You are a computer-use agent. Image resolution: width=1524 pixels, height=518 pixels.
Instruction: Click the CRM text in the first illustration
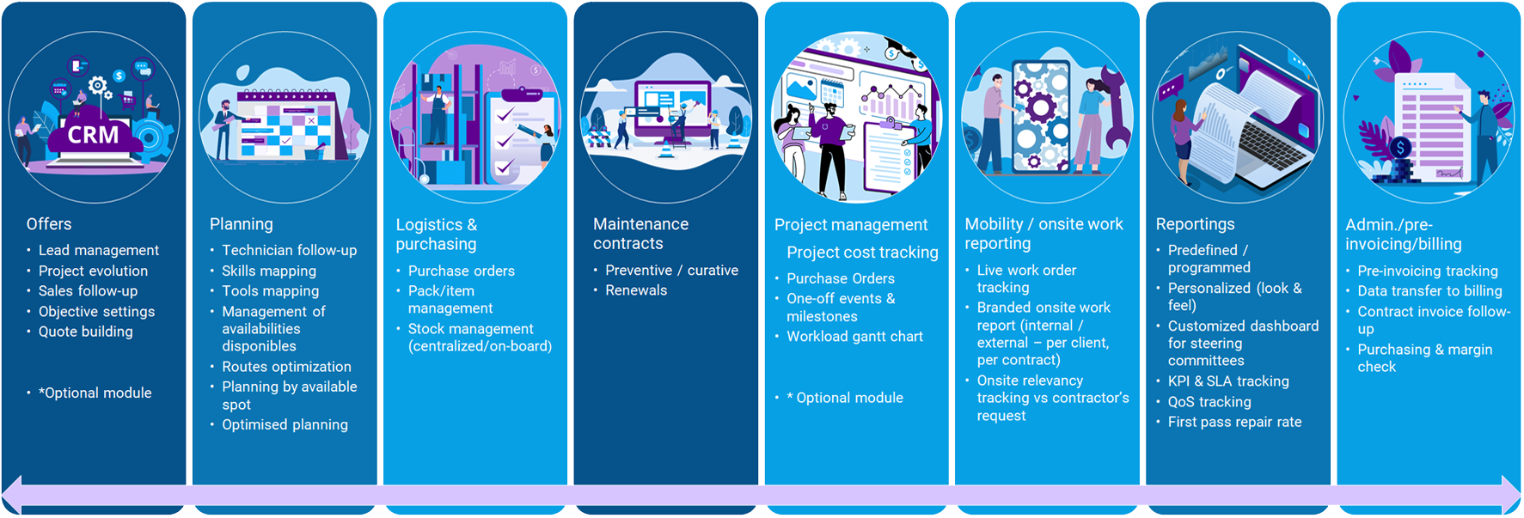pos(93,135)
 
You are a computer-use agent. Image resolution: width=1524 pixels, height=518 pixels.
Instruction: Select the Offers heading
pos(49,224)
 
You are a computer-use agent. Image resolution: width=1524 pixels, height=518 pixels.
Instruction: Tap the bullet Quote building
pos(86,332)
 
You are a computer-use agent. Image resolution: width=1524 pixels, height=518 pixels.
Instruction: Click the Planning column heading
pos(242,224)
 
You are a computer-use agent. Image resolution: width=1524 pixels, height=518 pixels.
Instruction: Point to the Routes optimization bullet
pos(286,367)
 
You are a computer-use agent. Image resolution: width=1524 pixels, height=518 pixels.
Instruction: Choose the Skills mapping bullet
pos(269,271)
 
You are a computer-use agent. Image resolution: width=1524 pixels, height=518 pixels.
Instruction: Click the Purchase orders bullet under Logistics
pos(462,271)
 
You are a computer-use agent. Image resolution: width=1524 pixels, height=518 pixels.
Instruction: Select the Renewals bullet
pos(636,290)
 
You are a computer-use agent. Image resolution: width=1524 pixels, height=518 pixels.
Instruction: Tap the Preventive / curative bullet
pos(672,270)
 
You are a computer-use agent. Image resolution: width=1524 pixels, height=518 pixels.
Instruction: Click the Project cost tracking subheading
pos(862,253)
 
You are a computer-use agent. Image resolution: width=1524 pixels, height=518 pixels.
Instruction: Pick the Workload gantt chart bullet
pos(854,337)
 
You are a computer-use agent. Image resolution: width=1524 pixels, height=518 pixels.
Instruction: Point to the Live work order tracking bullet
pos(1026,278)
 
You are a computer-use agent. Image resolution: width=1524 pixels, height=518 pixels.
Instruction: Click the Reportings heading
pos(1195,224)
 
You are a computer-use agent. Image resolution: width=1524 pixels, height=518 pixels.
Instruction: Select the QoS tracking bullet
pos(1209,402)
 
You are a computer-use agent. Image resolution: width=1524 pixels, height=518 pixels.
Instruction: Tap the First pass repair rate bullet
pos(1234,422)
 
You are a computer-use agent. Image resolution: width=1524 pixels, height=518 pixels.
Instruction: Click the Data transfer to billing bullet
pos(1429,291)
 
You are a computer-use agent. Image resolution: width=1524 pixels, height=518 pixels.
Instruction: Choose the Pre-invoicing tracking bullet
pos(1428,271)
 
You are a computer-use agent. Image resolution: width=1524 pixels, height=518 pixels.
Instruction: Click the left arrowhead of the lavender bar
pos(10,496)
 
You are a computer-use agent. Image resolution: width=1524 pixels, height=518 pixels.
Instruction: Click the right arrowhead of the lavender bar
pos(1512,496)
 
